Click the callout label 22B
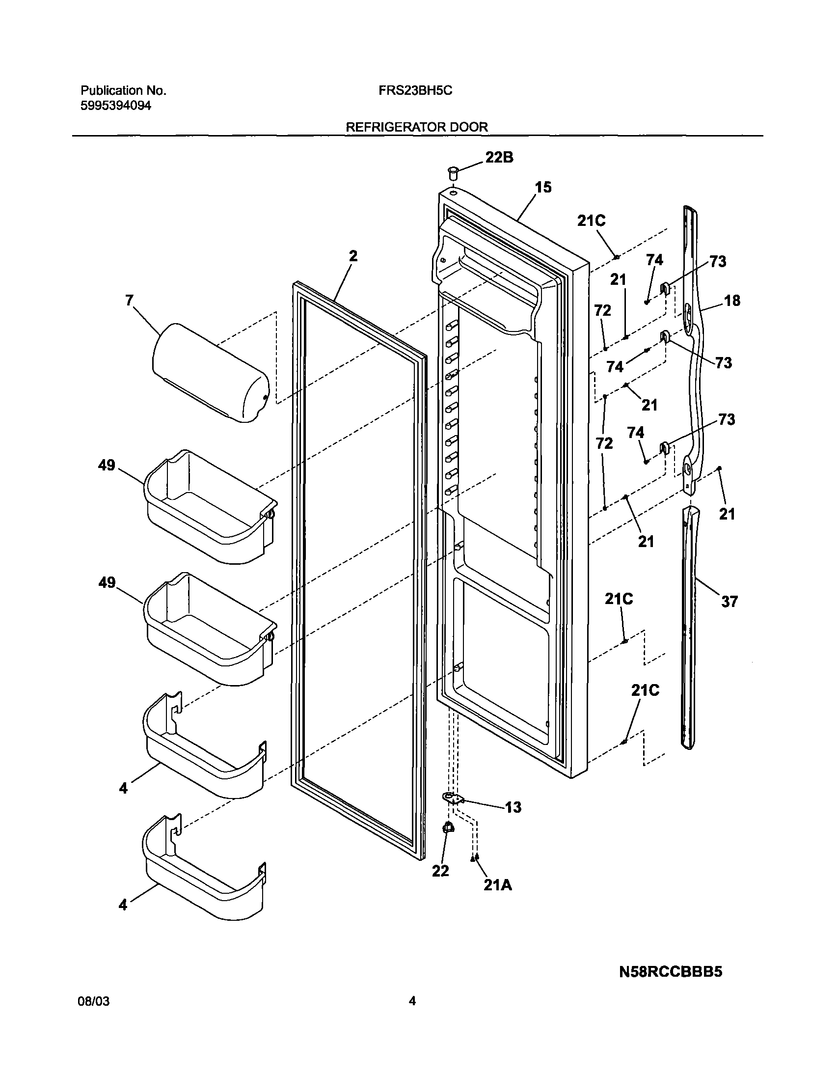499,157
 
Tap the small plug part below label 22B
453,172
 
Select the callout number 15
543,187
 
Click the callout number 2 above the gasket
353,256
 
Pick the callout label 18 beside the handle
732,300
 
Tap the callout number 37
729,602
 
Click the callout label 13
513,807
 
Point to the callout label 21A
498,885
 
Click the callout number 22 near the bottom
440,871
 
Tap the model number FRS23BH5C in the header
415,91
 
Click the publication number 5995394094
116,106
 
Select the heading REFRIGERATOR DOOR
416,127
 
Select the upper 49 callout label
107,465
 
